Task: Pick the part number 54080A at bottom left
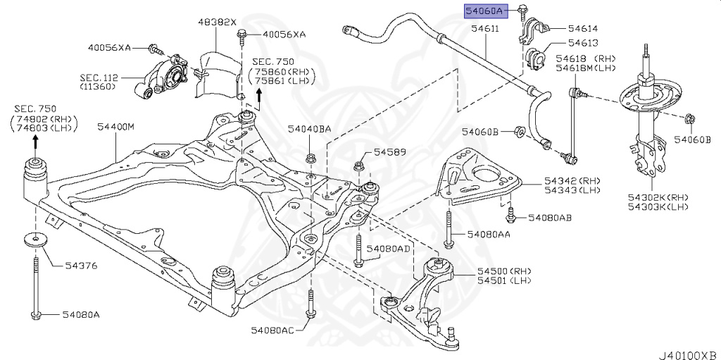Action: point(80,314)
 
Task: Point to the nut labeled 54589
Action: point(358,166)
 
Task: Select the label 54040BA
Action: point(309,129)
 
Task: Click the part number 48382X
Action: point(216,22)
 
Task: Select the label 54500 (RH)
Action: point(494,271)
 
